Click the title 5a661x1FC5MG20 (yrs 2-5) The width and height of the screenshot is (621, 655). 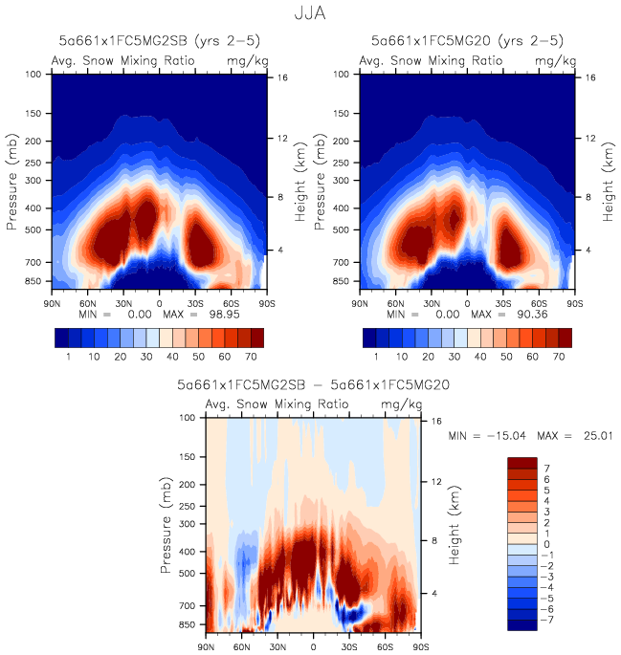[x=466, y=41]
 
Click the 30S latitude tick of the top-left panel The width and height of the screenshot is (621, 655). [x=195, y=301]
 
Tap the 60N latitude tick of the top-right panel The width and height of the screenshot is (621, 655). [x=397, y=301]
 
